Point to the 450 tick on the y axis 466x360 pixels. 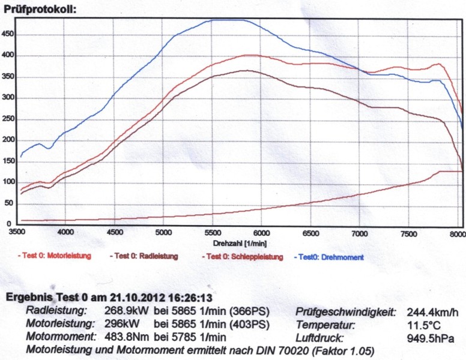pos(7,34)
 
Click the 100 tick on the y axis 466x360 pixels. pos(7,183)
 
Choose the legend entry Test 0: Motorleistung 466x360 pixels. pos(55,257)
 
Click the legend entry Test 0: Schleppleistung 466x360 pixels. pos(243,257)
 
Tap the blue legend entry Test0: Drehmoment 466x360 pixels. pos(328,257)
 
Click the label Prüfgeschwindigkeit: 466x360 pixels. pos(345,311)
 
